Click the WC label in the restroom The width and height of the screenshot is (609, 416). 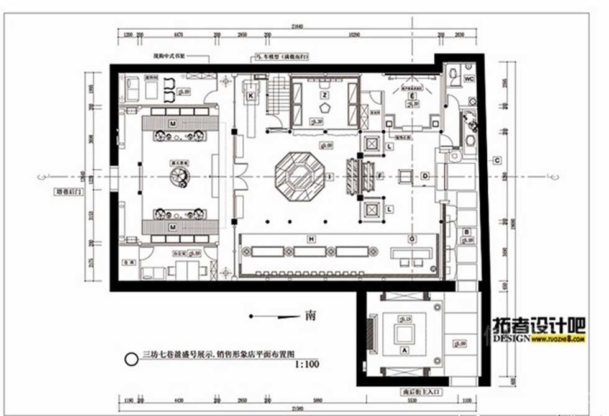coord(470,79)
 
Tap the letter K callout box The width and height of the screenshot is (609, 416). coord(251,96)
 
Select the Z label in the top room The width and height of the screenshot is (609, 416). coord(324,95)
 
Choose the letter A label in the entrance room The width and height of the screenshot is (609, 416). coord(406,350)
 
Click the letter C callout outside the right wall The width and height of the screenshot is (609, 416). coord(497,161)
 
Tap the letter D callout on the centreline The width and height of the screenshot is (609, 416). coord(425,176)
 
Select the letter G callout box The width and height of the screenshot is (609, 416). coord(411,238)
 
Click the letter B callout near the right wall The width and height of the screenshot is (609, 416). coord(466,232)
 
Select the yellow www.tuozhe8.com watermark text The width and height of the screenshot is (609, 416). coord(559,340)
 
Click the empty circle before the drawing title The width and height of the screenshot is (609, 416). coord(131,359)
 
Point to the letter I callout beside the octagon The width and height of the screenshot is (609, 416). coord(330,177)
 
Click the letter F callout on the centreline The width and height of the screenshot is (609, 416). coord(380,176)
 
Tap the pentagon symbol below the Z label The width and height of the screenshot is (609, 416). coord(324,107)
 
